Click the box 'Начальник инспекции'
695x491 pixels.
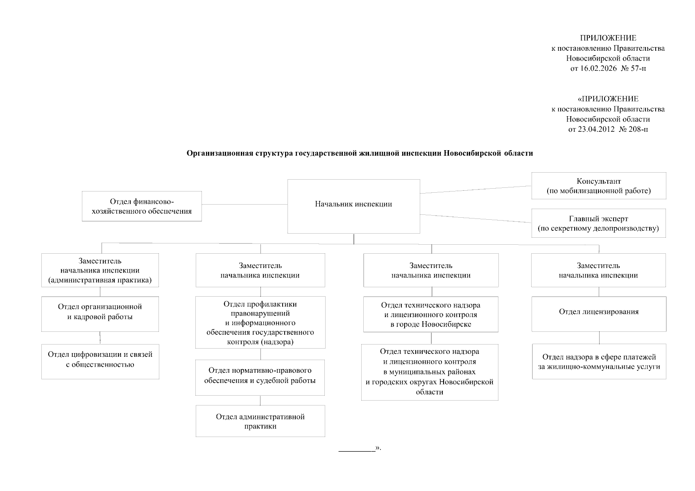point(353,206)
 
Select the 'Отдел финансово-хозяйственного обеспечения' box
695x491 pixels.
point(142,206)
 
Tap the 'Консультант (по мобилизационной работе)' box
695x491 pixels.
point(598,186)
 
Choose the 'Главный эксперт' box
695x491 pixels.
point(598,223)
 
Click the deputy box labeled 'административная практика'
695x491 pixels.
point(100,270)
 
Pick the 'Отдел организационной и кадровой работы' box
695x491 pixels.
point(100,313)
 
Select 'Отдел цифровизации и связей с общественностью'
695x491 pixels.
point(100,361)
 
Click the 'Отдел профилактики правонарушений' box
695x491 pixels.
point(260,322)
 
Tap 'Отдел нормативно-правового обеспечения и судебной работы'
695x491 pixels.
point(260,377)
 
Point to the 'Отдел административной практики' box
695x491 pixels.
point(260,421)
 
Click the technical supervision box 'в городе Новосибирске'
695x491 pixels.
point(430,314)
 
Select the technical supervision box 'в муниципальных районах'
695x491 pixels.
point(430,372)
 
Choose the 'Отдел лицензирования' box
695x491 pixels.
point(598,313)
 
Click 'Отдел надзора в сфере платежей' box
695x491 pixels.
point(599,361)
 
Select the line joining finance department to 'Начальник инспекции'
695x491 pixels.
point(244,204)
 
